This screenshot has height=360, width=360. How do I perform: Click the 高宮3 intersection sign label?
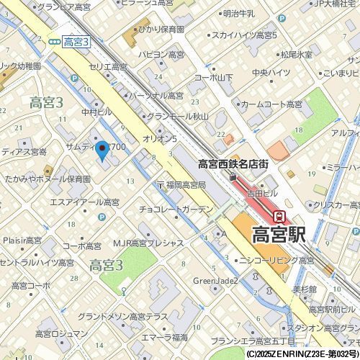[76, 42]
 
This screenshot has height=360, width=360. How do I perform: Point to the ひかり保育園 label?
[161, 30]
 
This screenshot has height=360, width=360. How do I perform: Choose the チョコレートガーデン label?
[176, 211]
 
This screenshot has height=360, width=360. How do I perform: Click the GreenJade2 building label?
[215, 281]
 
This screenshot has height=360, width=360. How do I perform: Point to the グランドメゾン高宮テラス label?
[123, 317]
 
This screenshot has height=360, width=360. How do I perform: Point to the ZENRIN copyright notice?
[302, 354]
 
